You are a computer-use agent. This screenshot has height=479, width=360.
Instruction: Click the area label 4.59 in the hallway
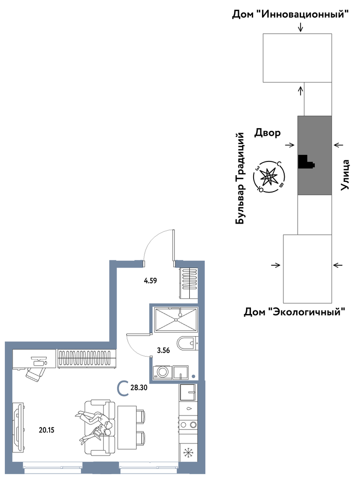point(150,280)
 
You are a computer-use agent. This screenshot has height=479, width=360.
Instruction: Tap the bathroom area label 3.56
point(163,350)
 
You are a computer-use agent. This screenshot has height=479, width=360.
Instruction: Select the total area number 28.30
point(137,388)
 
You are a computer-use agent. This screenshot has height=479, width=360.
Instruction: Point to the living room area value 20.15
point(47,430)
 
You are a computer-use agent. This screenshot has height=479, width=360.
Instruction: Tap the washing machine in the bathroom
point(162,372)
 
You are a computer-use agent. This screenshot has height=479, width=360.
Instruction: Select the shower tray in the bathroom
point(176,319)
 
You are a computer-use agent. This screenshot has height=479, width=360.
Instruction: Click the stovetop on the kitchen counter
point(188,424)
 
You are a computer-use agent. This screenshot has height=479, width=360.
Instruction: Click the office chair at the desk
point(35,373)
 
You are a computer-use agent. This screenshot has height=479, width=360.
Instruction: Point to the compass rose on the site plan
point(269,177)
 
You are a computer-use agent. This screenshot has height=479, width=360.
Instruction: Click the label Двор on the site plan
point(267,133)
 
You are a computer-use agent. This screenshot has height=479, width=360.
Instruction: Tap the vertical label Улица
point(345,175)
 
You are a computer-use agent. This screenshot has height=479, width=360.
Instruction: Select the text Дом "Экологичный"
point(295,312)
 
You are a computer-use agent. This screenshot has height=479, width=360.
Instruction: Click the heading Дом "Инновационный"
point(290,14)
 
